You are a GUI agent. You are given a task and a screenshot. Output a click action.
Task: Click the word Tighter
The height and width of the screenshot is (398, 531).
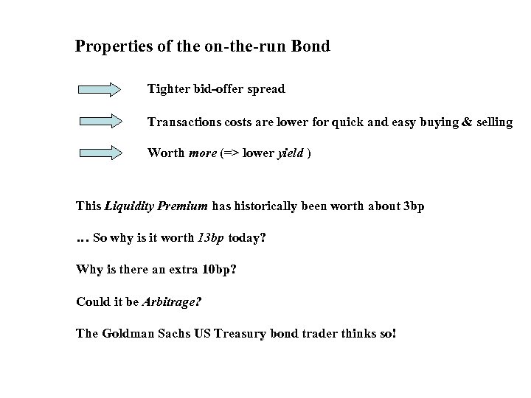click(x=168, y=89)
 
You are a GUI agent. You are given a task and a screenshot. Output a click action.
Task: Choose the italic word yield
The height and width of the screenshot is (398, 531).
click(x=290, y=153)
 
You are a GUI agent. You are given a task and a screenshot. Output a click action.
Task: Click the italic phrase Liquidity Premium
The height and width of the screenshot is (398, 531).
click(x=156, y=206)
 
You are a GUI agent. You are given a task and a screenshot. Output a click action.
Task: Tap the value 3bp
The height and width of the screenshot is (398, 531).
click(x=412, y=206)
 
